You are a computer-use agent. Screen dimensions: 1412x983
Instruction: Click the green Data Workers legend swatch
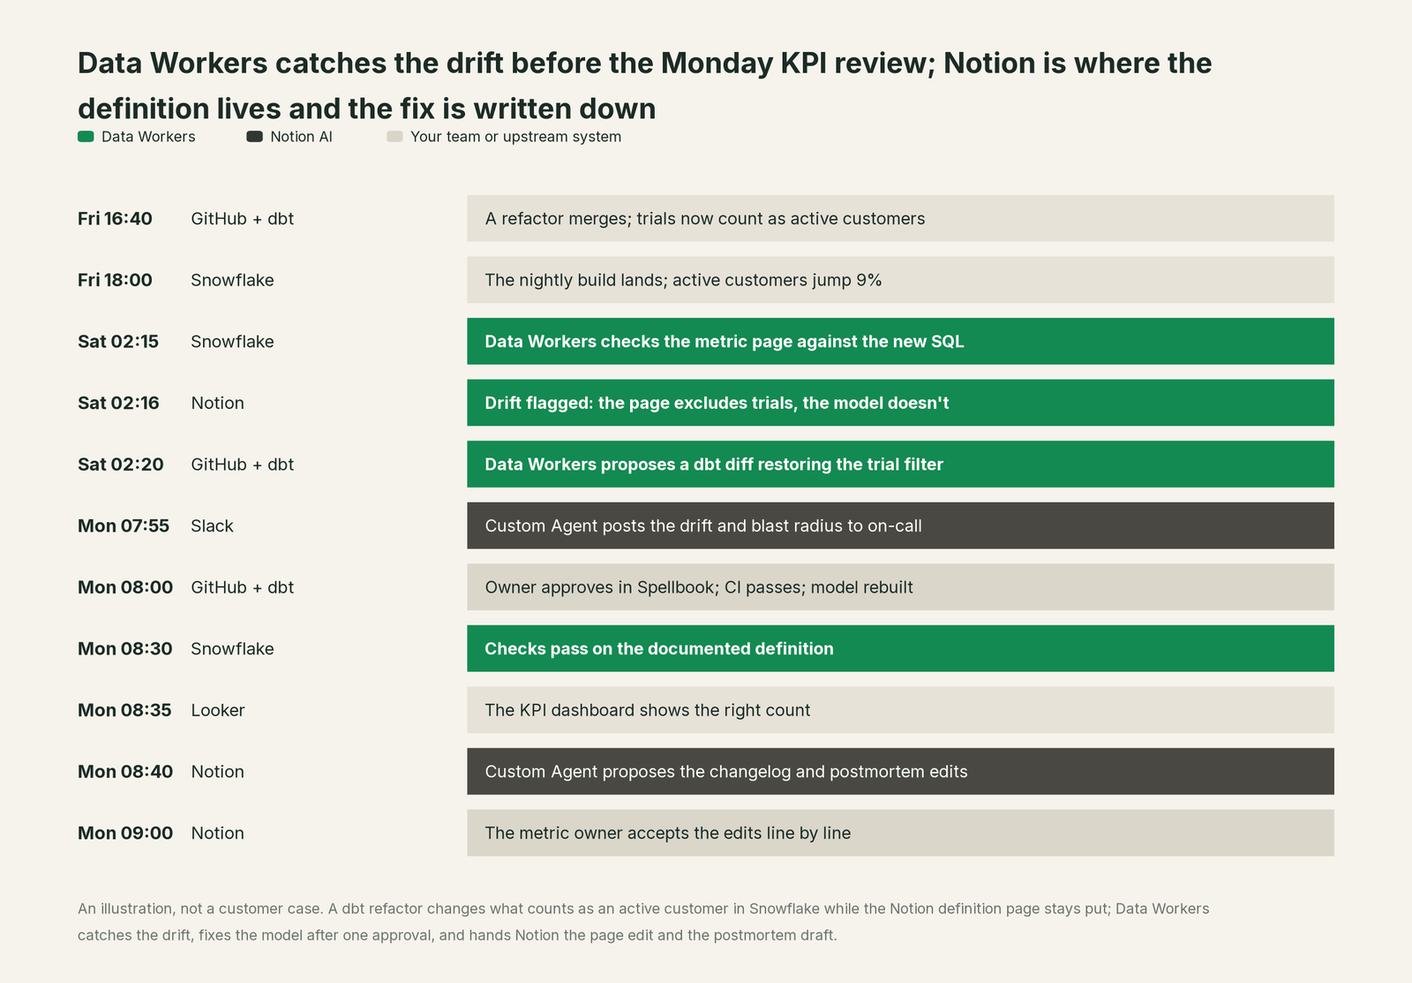(x=86, y=137)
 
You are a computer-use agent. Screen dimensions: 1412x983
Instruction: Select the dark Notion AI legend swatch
(x=255, y=137)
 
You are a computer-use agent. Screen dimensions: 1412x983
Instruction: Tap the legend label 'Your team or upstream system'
(x=515, y=137)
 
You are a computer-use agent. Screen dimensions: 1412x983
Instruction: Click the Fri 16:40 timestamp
(x=115, y=218)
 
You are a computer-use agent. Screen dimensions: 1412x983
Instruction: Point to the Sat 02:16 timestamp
(x=118, y=403)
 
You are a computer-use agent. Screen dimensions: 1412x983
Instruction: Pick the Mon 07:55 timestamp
(x=124, y=526)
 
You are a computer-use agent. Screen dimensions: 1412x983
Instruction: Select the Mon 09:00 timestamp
(x=125, y=833)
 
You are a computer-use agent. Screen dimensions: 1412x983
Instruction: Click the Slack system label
(x=213, y=526)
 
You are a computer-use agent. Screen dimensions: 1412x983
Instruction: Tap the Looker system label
(x=218, y=710)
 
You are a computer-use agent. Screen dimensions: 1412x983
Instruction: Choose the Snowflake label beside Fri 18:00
(x=233, y=279)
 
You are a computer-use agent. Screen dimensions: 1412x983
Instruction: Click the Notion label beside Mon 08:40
(x=217, y=771)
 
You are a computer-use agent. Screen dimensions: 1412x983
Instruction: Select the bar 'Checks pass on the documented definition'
(x=901, y=648)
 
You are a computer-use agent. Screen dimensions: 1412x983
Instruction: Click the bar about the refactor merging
(x=901, y=218)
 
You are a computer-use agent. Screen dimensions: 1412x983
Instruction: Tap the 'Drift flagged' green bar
(x=901, y=403)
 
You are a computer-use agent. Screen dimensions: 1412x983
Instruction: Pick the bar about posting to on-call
(x=901, y=526)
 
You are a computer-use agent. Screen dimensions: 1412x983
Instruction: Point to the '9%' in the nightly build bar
(x=868, y=279)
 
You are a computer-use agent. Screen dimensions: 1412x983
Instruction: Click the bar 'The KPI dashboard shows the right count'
(x=901, y=710)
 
